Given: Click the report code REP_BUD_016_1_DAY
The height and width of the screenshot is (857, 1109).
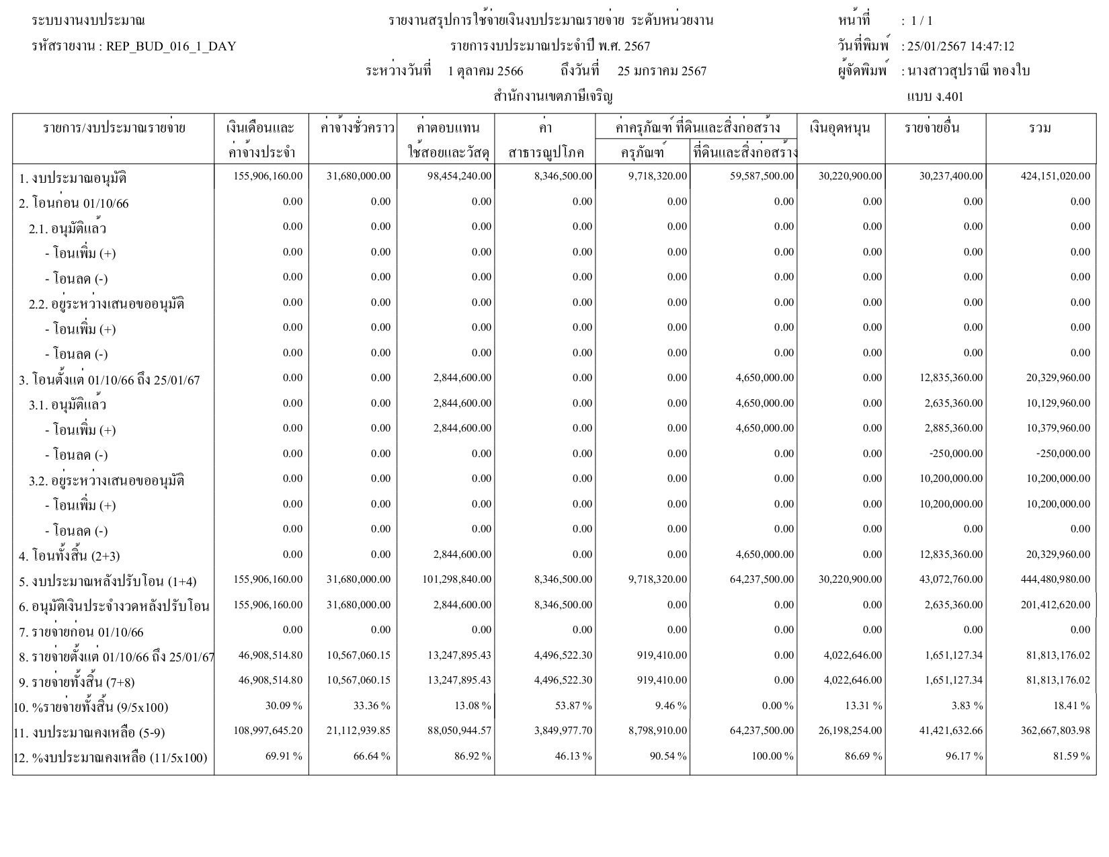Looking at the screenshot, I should (171, 46).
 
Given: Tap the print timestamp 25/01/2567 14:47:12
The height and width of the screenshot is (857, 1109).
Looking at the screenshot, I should (960, 46).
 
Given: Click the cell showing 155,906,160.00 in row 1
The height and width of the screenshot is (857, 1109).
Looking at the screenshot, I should (268, 176).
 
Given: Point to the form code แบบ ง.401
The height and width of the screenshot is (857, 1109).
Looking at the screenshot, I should (935, 97).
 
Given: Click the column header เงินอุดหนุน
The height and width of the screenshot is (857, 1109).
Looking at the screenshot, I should (840, 128).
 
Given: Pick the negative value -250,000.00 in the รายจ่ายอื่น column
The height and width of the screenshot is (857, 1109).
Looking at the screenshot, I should (956, 454).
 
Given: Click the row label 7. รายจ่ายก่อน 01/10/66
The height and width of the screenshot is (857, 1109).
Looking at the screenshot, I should (81, 632).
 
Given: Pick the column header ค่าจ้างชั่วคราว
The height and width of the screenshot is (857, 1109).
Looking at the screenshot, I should (353, 128).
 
